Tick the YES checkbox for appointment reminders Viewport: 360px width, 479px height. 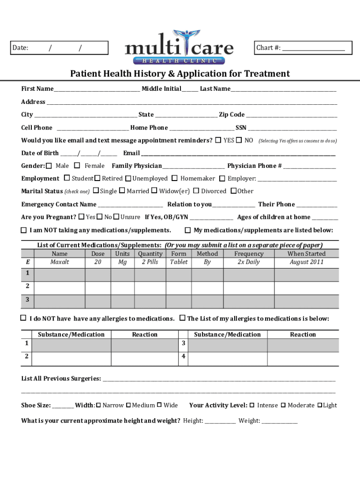click(218, 140)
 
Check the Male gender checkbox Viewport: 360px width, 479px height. click(49, 166)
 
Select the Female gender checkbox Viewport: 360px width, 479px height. click(77, 166)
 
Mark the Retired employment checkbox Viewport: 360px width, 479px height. click(98, 178)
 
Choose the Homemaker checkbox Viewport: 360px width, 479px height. click(174, 178)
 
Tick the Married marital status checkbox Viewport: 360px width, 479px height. click(122, 191)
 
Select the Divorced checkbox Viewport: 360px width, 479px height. click(196, 191)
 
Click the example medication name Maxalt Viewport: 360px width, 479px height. click(59, 262)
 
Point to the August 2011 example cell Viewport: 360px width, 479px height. click(306, 262)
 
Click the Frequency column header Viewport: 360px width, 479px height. click(249, 254)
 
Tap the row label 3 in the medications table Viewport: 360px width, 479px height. click(28, 299)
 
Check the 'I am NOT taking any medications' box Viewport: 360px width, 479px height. click(23, 230)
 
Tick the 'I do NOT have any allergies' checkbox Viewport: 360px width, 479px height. click(23, 318)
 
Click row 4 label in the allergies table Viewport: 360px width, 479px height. click(184, 356)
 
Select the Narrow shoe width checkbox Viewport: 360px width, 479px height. click(98, 405)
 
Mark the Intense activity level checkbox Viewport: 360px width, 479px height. click(252, 405)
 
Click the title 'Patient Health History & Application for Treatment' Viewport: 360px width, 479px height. click(180, 74)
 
